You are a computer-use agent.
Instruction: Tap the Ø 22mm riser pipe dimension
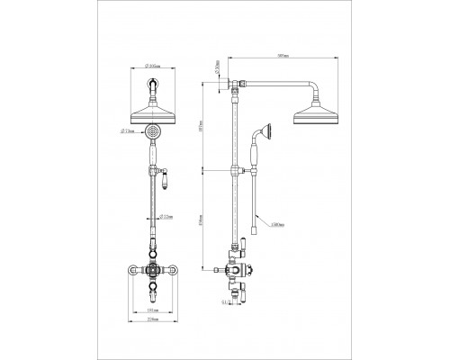point(165,216)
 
